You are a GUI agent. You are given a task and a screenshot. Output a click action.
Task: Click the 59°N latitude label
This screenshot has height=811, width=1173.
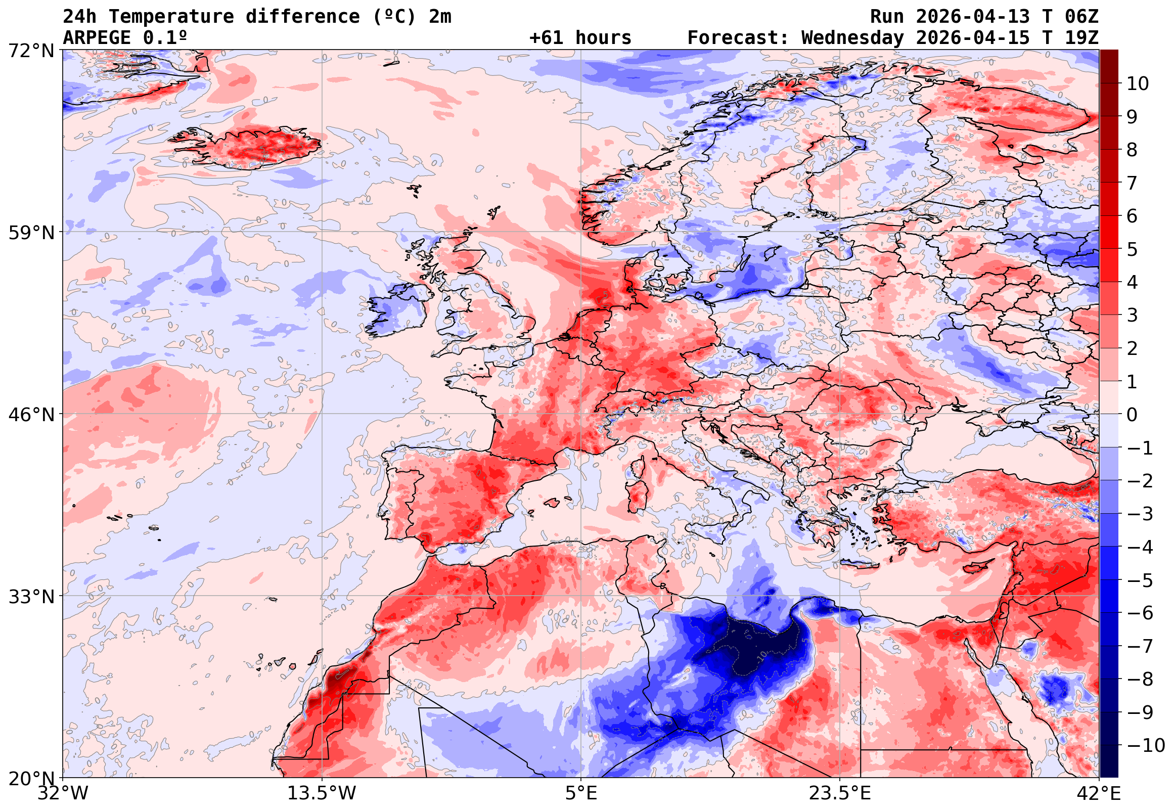31,233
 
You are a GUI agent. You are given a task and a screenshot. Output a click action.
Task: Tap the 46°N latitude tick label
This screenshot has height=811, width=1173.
31,415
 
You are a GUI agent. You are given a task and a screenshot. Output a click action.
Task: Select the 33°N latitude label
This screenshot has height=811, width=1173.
31,596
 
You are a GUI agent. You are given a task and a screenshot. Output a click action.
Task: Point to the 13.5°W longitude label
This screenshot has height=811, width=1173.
322,793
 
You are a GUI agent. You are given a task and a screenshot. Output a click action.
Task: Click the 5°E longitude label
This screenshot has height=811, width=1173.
580,793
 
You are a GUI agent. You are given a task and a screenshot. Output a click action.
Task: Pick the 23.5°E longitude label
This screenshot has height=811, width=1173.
839,793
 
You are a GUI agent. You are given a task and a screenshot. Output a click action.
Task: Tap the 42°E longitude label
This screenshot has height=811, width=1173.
1098,793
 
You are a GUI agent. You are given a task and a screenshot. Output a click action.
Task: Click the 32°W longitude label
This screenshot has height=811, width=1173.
63,793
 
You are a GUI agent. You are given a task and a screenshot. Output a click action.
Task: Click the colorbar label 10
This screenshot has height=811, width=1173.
1138,84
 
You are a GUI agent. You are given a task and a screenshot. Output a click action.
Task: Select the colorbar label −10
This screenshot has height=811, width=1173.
1145,745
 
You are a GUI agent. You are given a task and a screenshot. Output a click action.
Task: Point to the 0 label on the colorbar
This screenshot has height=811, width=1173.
1132,415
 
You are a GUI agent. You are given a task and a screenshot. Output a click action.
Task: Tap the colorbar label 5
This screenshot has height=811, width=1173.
1132,249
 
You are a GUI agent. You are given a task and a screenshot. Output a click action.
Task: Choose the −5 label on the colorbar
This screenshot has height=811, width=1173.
1140,580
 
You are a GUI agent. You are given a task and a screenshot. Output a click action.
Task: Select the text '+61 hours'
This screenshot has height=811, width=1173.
580,38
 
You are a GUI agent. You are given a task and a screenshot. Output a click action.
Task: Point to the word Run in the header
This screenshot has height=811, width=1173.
886,17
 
